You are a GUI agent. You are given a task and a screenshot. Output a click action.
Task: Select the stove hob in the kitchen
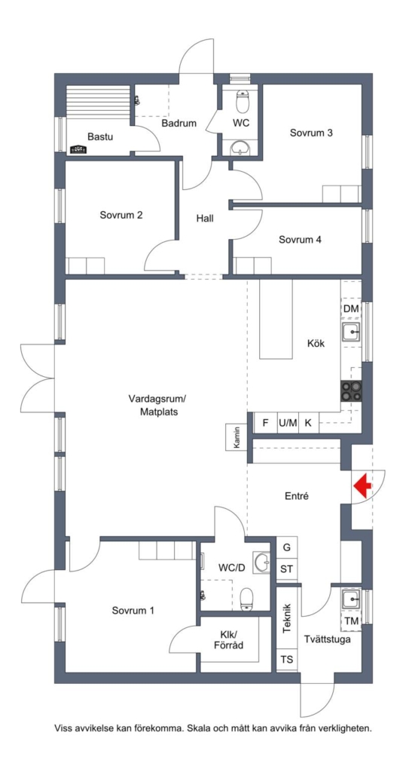click(351, 391)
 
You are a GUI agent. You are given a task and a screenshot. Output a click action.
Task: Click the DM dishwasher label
click(351, 308)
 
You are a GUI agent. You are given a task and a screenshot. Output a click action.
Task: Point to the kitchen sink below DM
click(351, 332)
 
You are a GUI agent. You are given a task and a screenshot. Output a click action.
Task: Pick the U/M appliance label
click(288, 423)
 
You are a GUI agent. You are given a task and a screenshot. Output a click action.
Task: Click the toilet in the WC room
click(242, 102)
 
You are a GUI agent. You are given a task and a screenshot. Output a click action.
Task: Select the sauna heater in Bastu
click(78, 149)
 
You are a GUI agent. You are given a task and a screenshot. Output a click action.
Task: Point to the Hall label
click(205, 218)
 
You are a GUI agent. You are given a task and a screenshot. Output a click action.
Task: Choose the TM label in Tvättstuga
click(351, 621)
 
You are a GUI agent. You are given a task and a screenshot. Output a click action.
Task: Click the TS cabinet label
click(286, 659)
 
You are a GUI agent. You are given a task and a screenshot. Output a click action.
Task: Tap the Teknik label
click(288, 618)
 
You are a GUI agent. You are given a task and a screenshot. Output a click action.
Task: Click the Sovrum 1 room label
click(133, 611)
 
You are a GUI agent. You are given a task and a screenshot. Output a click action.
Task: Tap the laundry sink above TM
click(351, 599)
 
